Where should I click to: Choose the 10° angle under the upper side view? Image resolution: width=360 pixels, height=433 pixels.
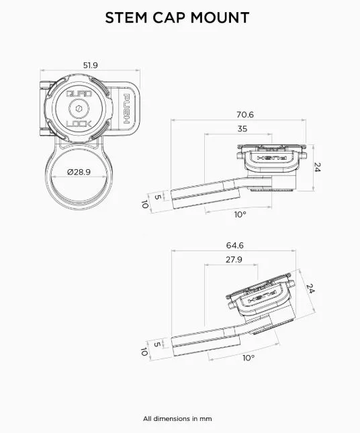click(239, 214)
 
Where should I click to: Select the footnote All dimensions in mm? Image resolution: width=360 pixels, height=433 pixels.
click(177, 418)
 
